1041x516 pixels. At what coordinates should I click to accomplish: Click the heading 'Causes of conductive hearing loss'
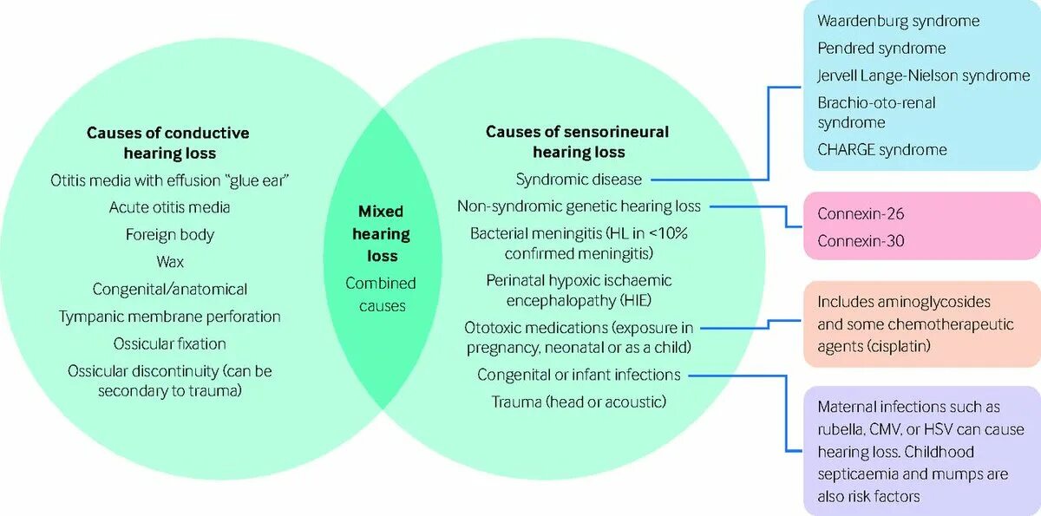(x=167, y=143)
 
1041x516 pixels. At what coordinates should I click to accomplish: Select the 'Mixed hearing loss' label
(x=381, y=233)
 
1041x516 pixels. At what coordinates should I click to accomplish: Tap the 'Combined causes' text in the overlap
(x=381, y=294)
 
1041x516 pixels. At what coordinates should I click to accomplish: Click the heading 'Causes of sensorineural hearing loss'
(x=578, y=142)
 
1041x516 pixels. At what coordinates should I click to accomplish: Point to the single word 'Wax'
(x=169, y=261)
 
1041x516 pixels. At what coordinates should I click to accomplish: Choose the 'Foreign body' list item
(x=169, y=234)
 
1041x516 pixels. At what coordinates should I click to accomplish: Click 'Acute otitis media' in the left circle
(x=169, y=207)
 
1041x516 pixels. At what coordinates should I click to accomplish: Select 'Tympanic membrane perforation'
(x=169, y=317)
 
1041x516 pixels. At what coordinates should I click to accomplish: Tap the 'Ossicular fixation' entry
(x=169, y=343)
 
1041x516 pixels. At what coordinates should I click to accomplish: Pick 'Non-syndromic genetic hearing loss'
(x=579, y=206)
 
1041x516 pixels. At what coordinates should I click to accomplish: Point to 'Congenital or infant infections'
(x=579, y=375)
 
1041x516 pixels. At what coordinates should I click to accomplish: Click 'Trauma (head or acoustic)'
(x=579, y=402)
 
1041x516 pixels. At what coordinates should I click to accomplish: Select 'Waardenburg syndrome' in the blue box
(x=898, y=21)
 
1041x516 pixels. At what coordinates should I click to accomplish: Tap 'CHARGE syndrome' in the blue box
(x=882, y=149)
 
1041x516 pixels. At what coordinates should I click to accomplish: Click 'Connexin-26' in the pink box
(x=861, y=213)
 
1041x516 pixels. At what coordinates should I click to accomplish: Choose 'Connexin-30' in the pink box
(x=861, y=240)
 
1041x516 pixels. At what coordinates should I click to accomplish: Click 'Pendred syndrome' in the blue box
(x=881, y=48)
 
